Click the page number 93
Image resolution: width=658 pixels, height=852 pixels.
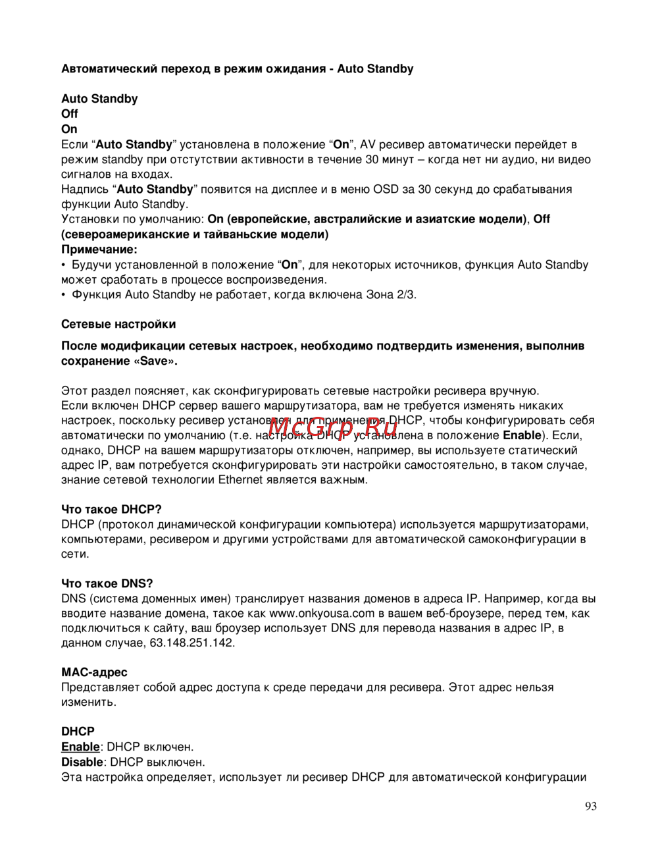click(590, 807)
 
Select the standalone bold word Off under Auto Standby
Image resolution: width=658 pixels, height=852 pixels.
click(70, 114)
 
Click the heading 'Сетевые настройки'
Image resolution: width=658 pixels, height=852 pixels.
click(118, 324)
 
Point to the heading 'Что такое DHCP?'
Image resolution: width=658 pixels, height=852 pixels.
click(111, 510)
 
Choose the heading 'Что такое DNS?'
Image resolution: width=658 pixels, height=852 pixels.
click(107, 583)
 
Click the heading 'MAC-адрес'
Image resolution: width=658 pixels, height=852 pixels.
click(94, 672)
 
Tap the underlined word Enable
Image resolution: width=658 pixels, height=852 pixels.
click(80, 747)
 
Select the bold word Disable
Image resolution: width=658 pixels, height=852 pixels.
click(82, 762)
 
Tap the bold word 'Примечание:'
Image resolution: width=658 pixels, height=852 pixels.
click(99, 250)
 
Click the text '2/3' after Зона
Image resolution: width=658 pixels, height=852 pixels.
click(406, 294)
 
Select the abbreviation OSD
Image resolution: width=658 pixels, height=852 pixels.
click(386, 190)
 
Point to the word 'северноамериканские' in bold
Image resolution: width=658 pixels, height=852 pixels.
click(126, 234)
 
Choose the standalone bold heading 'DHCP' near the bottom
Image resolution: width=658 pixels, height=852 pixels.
click(78, 732)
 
